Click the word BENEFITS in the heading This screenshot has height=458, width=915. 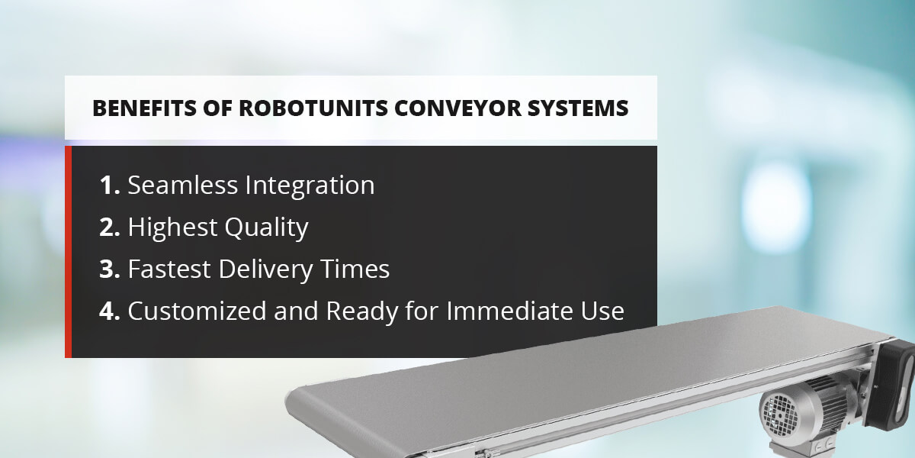tap(144, 108)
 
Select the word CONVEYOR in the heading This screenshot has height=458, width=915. tap(458, 108)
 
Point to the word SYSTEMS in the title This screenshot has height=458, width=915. tap(578, 108)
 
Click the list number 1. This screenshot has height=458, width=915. tap(110, 185)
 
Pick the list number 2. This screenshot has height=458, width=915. tap(110, 227)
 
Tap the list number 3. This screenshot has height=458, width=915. tap(110, 269)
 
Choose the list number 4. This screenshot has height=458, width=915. tap(110, 311)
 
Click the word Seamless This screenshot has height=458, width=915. tap(183, 185)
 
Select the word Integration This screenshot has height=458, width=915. tap(310, 186)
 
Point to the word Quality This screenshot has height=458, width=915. tap(266, 227)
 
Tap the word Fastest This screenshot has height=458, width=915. tap(169, 269)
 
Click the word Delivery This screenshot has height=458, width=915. tap(265, 270)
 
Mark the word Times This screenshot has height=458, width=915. tap(355, 269)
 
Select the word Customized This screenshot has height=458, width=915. tap(197, 311)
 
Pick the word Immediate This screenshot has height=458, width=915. tap(510, 311)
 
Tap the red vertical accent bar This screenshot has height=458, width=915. tap(68, 252)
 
